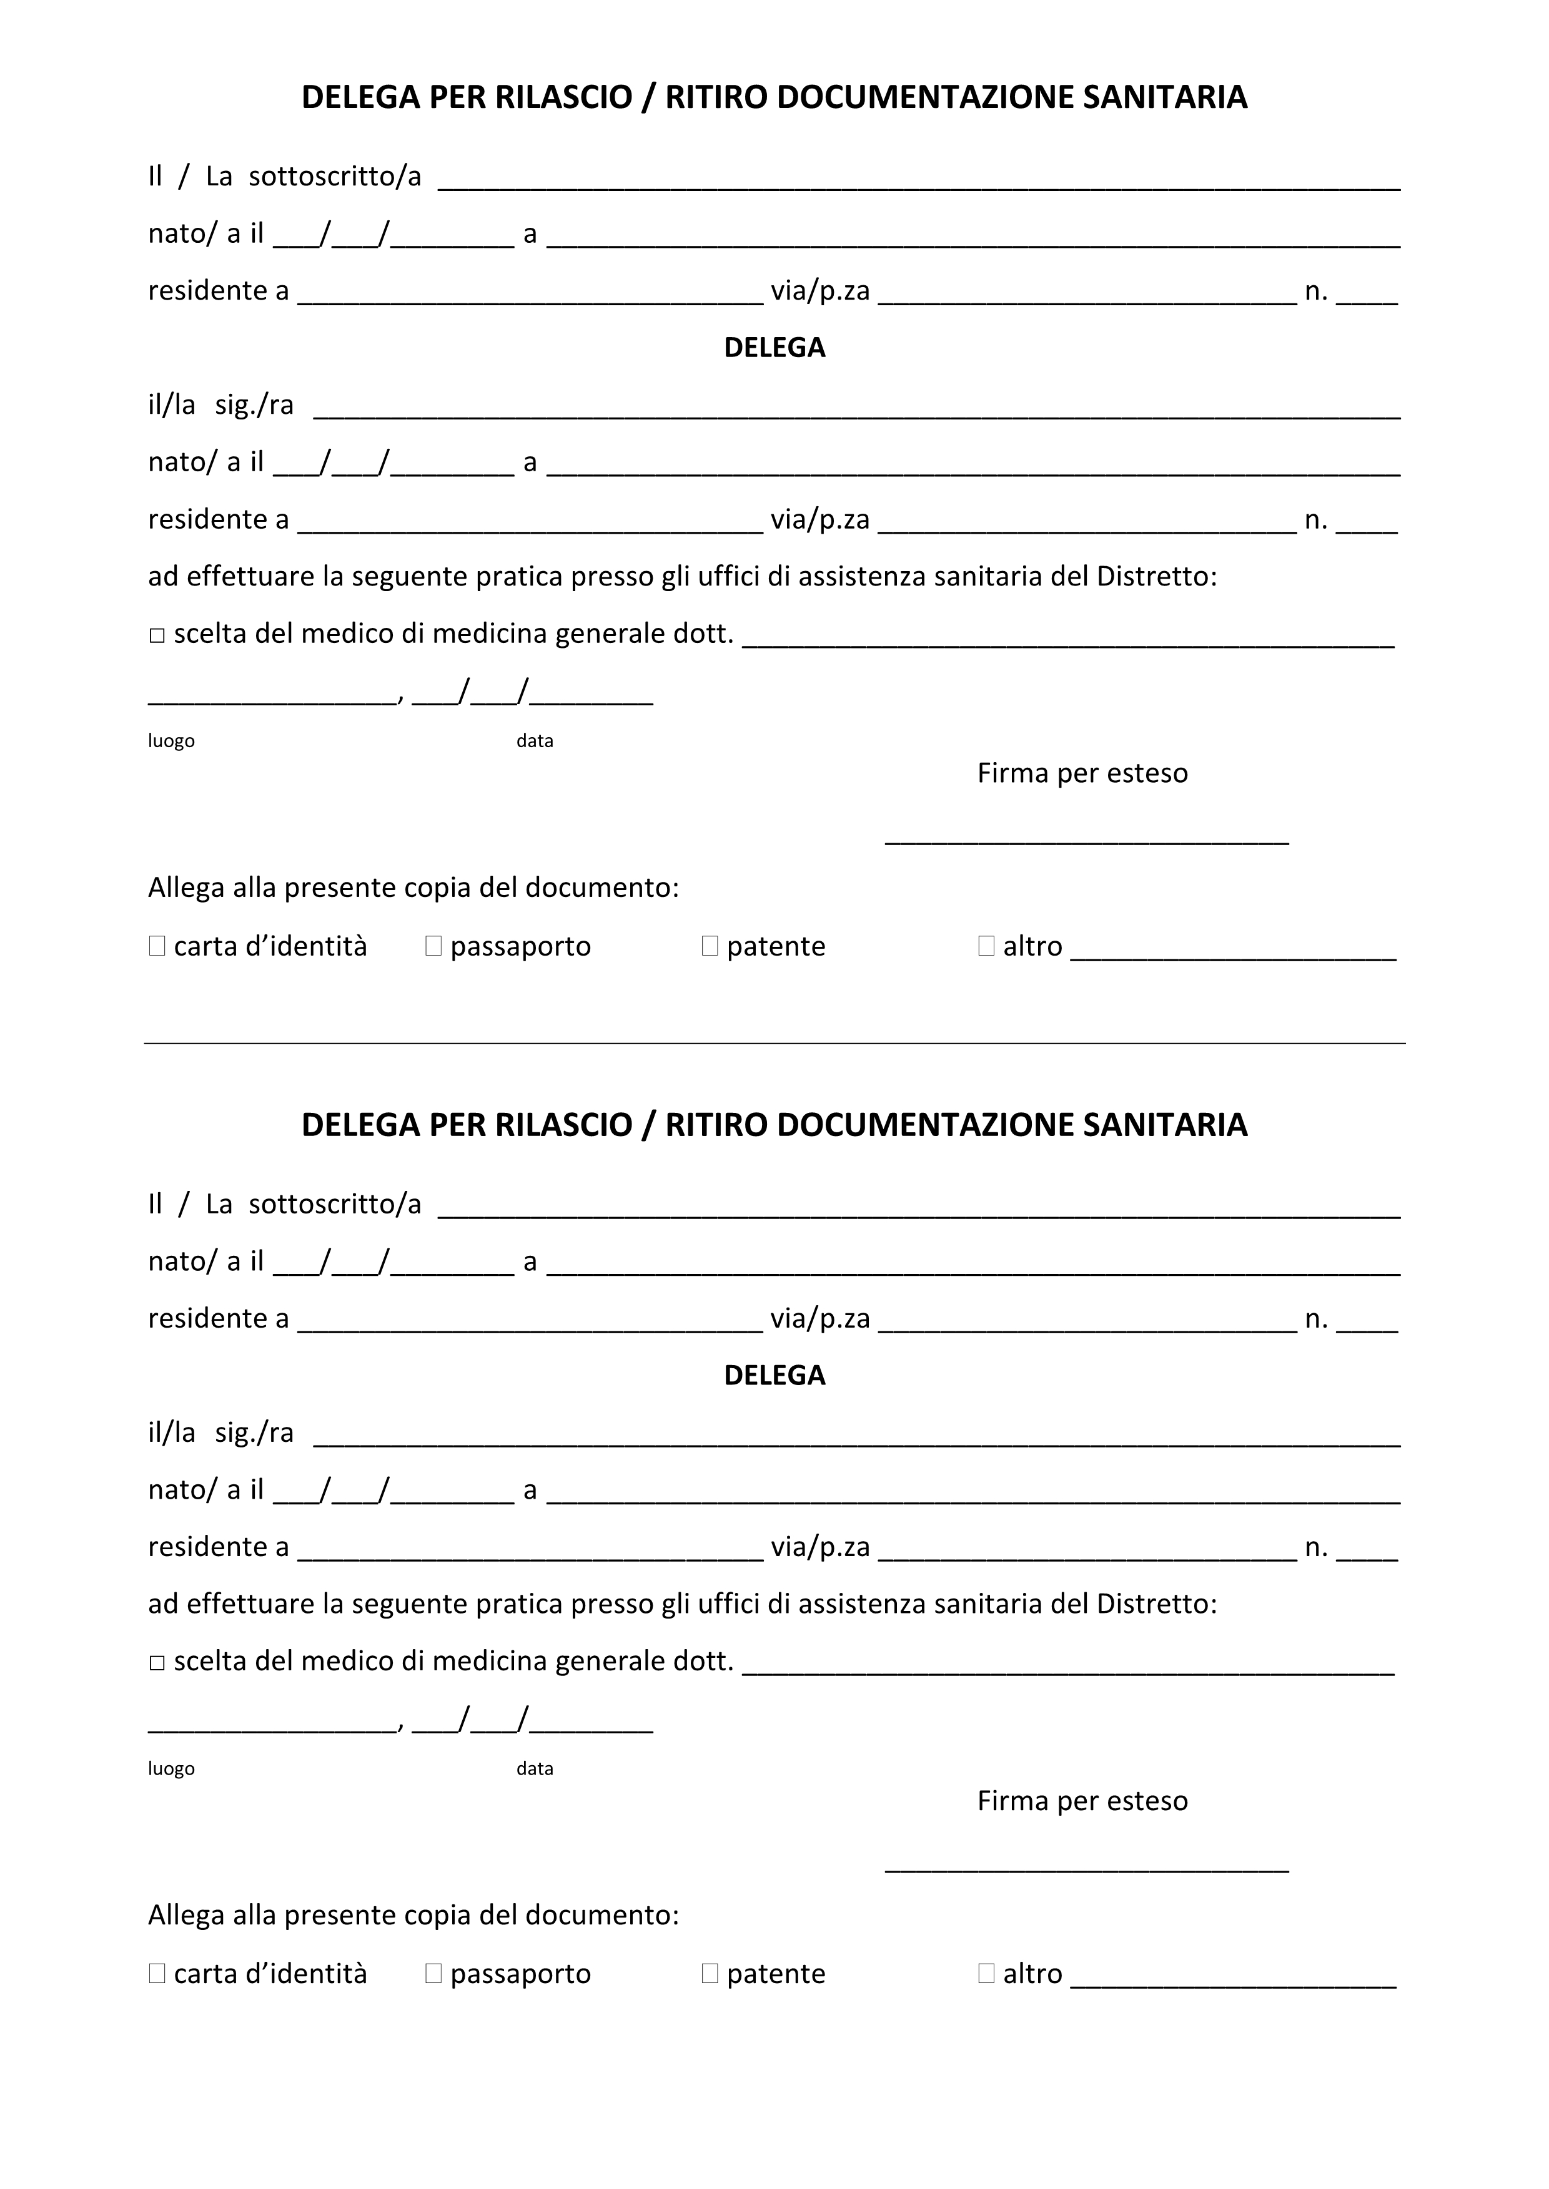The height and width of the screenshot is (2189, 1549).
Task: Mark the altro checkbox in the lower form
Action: coord(986,1974)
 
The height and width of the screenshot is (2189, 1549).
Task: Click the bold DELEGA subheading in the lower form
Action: coord(774,1375)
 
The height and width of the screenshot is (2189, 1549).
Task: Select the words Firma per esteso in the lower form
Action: coord(1082,1801)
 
